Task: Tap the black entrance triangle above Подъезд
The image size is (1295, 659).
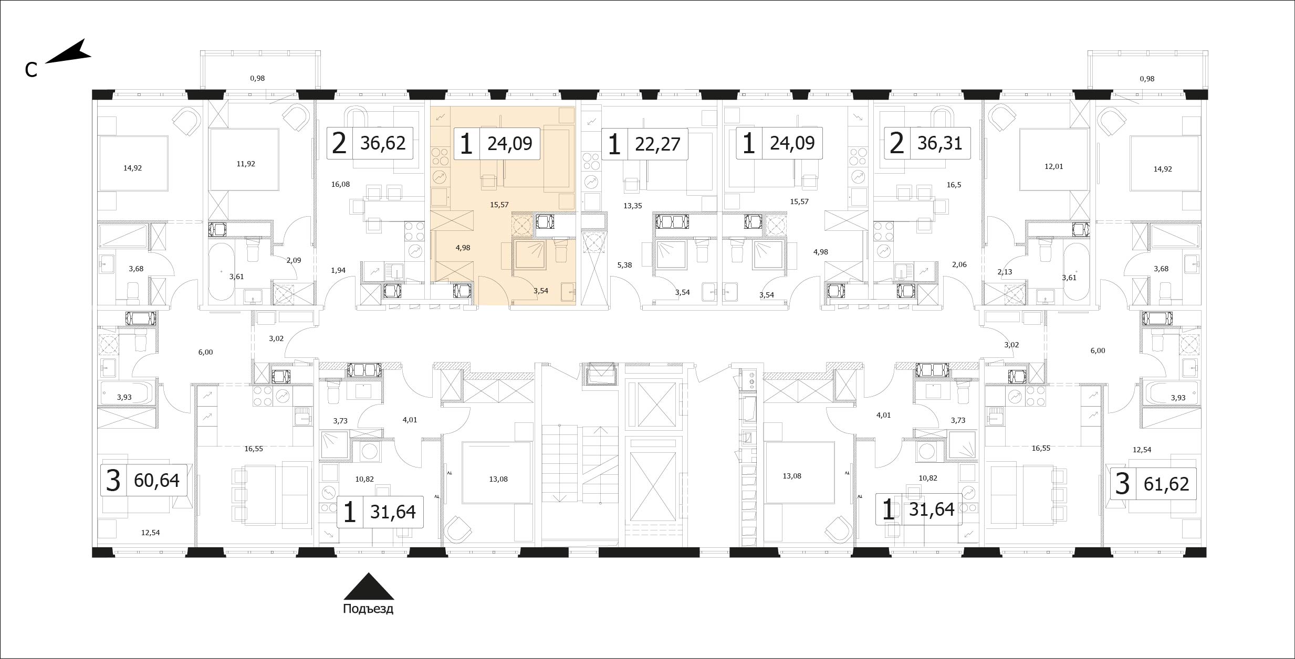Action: [x=369, y=586]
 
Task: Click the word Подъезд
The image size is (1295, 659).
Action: [x=368, y=610]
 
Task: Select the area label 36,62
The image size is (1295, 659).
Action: [x=383, y=143]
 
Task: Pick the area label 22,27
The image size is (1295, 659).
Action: [x=657, y=143]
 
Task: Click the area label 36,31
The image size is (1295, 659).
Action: [x=940, y=143]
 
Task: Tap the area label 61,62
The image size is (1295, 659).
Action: [x=1166, y=483]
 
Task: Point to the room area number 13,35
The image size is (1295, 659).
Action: [x=633, y=206]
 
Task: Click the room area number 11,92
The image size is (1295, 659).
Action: [x=246, y=164]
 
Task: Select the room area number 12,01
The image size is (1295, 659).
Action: [x=1053, y=166]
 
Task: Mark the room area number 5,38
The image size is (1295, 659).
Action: [x=624, y=265]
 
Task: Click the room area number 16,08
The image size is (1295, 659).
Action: [x=340, y=184]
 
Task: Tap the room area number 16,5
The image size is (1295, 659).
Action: [x=954, y=185]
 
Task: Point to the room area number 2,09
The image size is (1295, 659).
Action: [x=294, y=260]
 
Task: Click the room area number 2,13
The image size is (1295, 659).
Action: [x=1005, y=271]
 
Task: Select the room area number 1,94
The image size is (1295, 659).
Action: [x=338, y=270]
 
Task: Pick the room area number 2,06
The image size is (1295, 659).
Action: [x=959, y=264]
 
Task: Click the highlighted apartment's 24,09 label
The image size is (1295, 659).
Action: [x=510, y=143]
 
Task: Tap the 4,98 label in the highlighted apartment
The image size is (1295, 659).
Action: [x=463, y=248]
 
